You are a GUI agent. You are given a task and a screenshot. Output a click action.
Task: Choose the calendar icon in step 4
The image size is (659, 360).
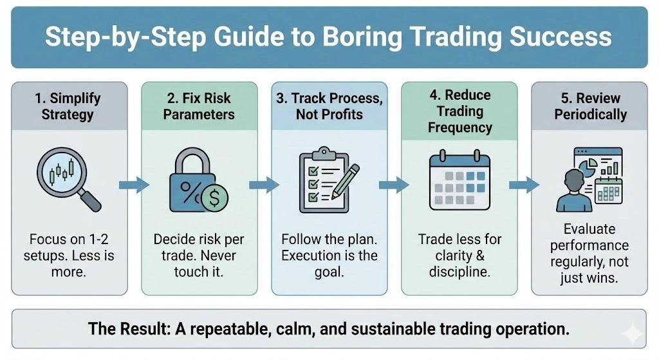[x=459, y=182]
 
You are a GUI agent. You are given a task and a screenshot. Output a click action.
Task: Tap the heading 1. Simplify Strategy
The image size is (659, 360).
[x=68, y=107]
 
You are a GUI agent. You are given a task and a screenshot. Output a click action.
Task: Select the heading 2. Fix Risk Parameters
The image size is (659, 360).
[x=198, y=107]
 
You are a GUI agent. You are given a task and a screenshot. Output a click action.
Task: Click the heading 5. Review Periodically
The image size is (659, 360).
[x=590, y=107]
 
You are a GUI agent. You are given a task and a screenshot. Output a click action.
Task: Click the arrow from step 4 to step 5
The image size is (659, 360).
[x=523, y=185]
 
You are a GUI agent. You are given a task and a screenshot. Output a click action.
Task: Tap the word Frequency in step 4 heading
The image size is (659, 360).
[x=459, y=127]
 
